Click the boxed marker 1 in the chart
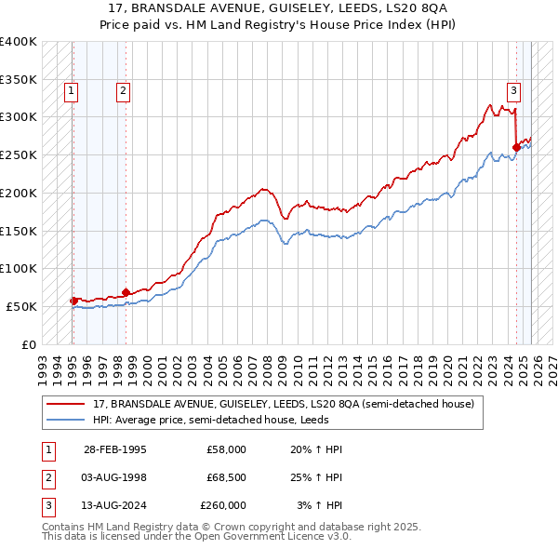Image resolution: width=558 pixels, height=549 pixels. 72,90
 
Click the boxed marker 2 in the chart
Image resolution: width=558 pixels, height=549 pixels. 124,90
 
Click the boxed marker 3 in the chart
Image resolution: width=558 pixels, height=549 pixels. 513,90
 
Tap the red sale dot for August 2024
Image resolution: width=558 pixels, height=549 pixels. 517,146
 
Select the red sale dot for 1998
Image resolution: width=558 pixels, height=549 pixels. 126,292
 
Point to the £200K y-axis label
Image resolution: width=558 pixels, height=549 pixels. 19,193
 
